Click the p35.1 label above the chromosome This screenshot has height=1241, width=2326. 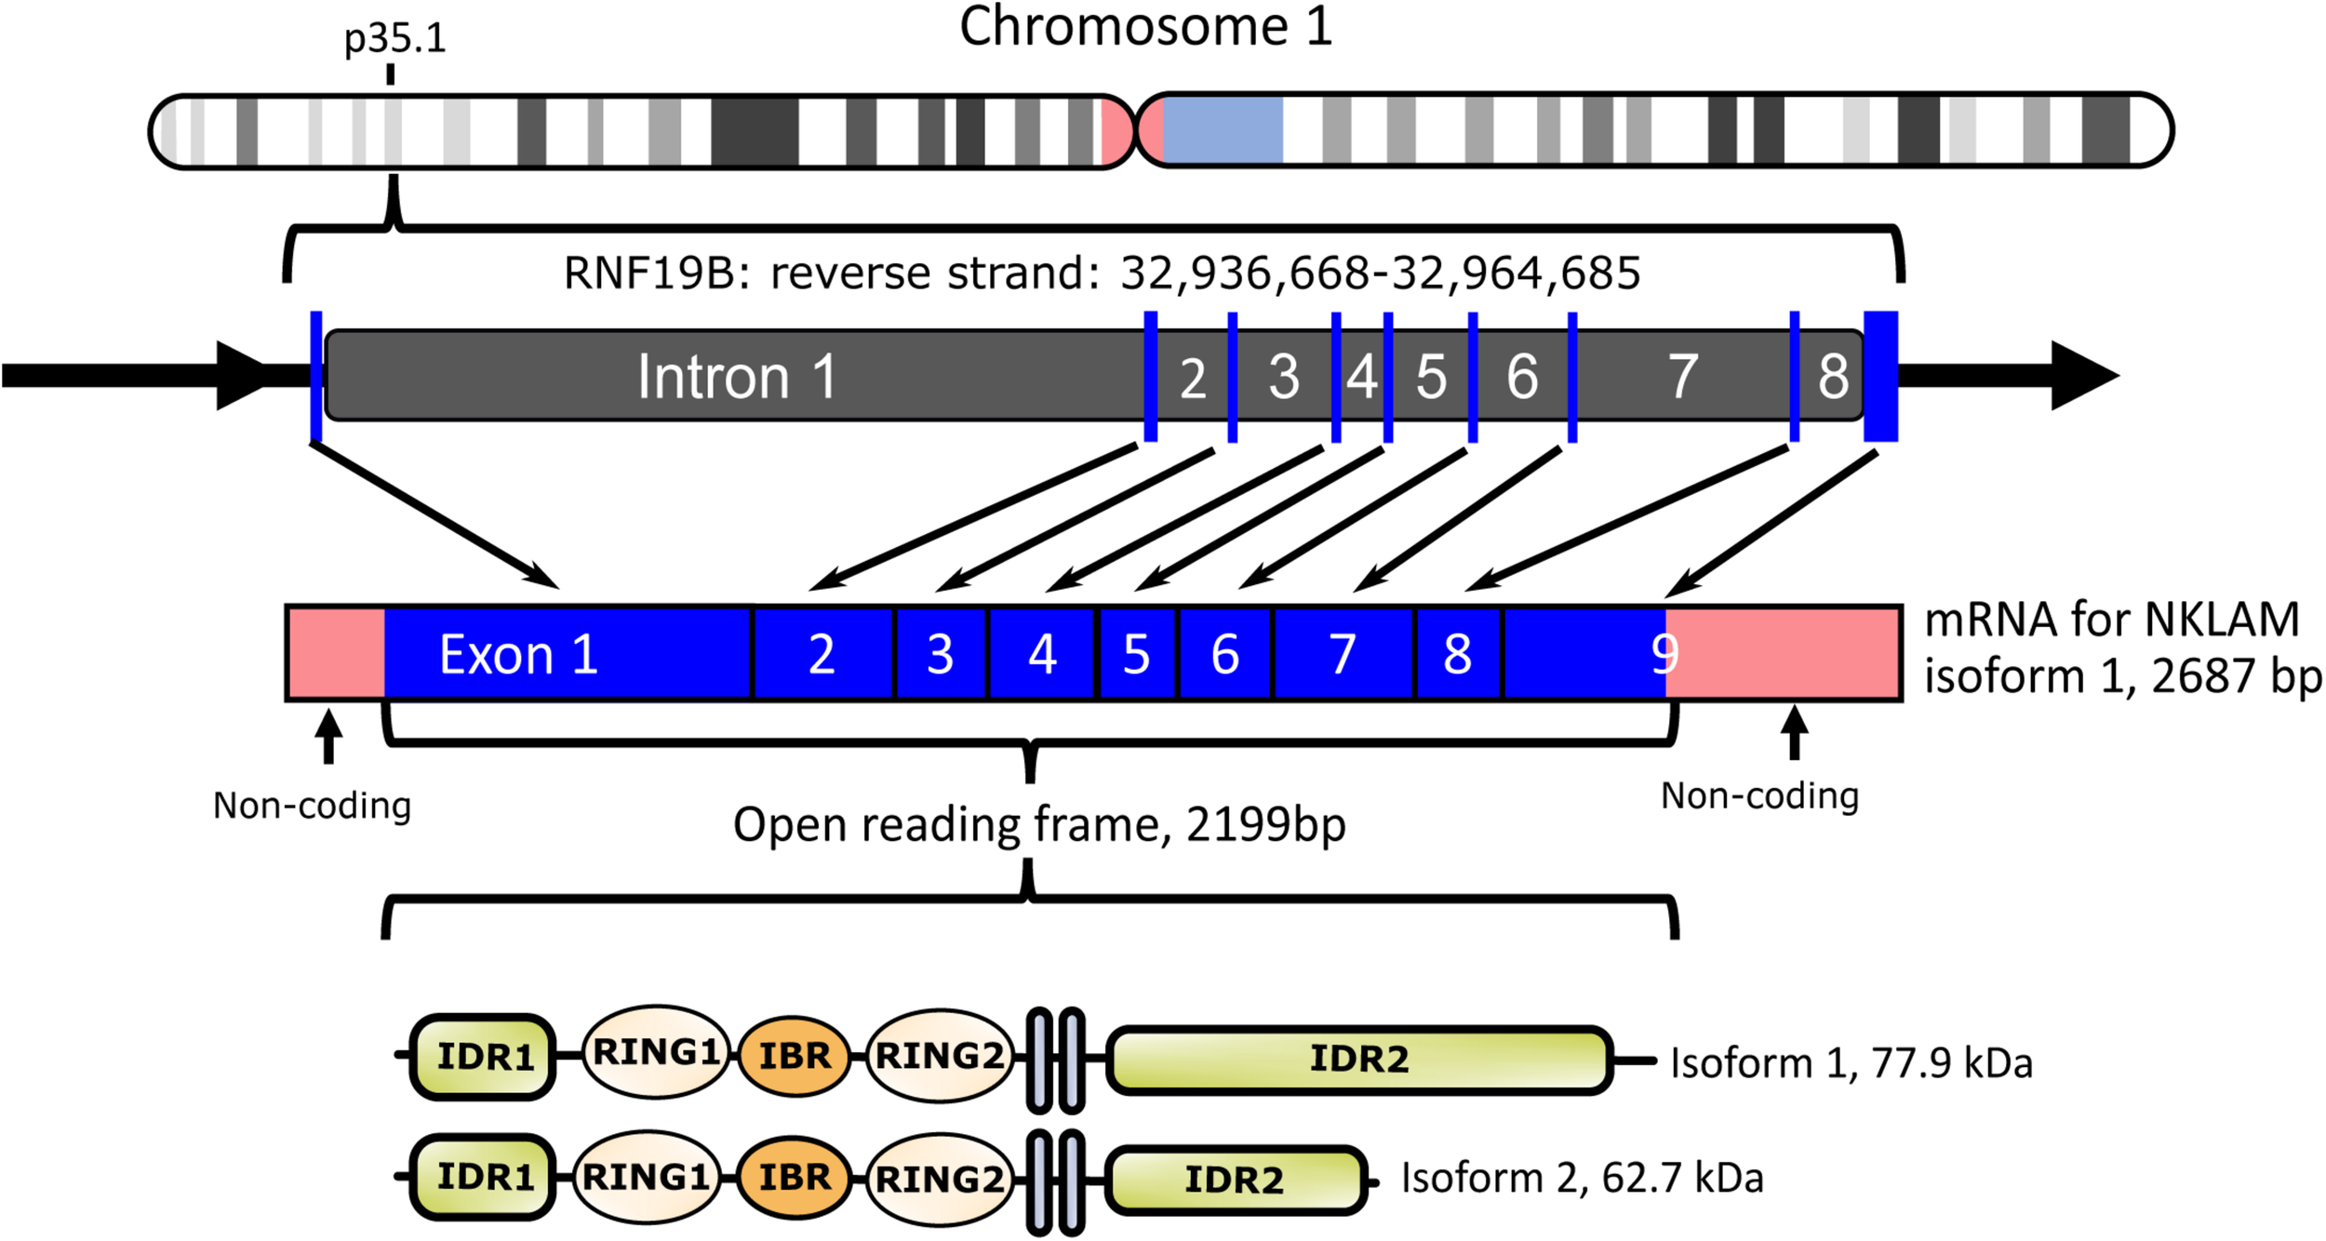point(394,39)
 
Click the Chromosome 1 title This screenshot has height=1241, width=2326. point(1145,26)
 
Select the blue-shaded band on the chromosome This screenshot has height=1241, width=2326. point(1222,130)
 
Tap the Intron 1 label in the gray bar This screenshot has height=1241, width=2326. point(736,377)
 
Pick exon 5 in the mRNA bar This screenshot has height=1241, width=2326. point(1137,654)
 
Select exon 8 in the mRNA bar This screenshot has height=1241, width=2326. point(1457,654)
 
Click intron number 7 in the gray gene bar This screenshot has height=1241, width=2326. point(1682,377)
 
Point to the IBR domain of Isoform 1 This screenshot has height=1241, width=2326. point(794,1056)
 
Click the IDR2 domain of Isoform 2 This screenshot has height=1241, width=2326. point(1234,1180)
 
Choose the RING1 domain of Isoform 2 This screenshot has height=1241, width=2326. point(646,1177)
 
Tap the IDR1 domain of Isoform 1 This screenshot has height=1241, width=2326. point(484,1057)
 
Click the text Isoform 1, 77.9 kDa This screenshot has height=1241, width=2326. point(1851,1062)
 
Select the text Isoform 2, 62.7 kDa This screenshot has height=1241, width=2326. point(1582,1178)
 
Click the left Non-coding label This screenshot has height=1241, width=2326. point(312,806)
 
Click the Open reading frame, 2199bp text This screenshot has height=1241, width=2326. point(1038,824)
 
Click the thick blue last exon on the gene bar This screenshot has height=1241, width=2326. point(1880,376)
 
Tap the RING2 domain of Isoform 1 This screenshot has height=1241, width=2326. point(939,1056)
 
